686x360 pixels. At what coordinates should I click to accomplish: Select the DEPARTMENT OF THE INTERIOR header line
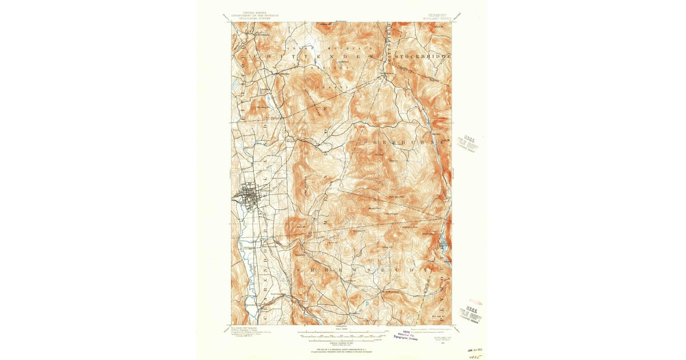249,15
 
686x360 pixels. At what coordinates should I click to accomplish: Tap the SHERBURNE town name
400,141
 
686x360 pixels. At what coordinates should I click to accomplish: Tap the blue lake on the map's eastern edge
444,243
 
